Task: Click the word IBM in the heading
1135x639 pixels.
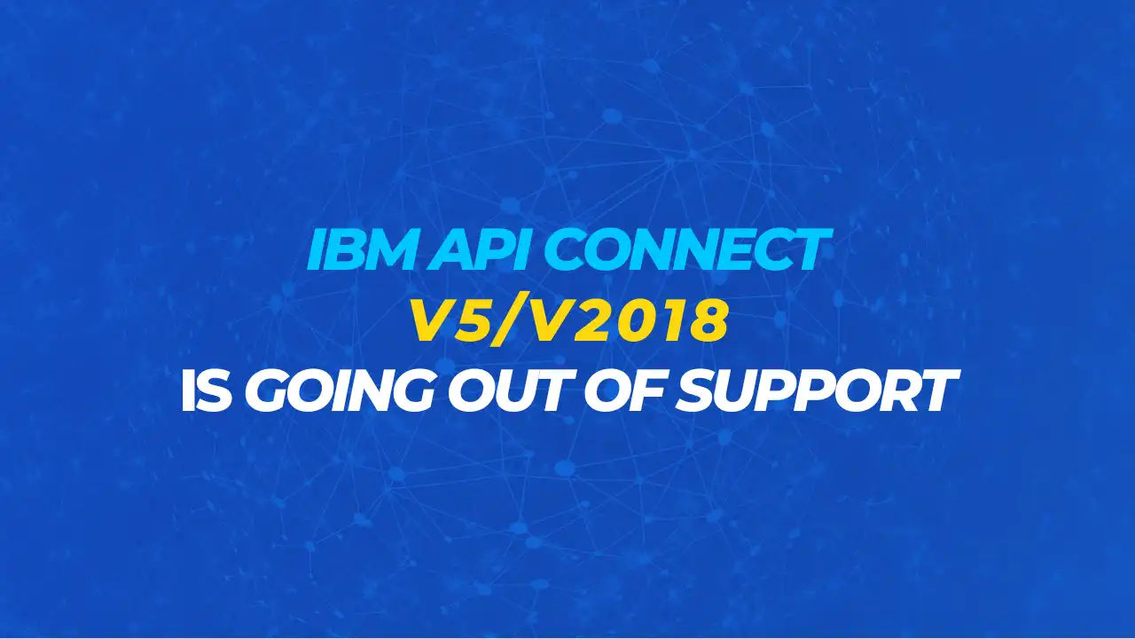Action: pyautogui.click(x=361, y=249)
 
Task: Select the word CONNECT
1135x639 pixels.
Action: pyautogui.click(x=687, y=249)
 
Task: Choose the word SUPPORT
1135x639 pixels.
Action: pyautogui.click(x=817, y=390)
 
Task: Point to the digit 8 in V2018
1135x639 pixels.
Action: pyautogui.click(x=708, y=320)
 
